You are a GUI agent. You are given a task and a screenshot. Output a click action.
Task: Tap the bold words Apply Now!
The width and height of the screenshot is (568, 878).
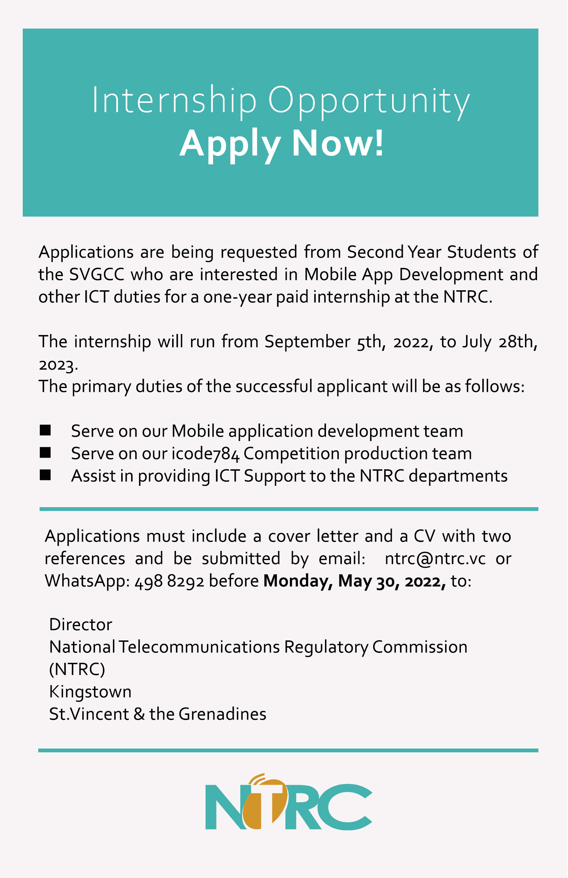(x=282, y=144)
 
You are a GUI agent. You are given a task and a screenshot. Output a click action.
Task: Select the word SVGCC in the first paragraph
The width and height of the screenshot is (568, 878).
(x=97, y=275)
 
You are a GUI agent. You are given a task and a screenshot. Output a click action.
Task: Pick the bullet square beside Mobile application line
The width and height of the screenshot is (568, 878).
(x=45, y=430)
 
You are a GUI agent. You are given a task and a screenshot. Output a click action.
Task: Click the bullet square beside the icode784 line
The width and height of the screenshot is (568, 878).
(x=45, y=453)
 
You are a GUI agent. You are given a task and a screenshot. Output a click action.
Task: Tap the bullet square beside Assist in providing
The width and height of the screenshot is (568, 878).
(x=45, y=475)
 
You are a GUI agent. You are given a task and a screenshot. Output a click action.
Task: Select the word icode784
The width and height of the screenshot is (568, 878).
(x=206, y=454)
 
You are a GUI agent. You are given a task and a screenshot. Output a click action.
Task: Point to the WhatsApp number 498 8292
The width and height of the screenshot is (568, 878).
(x=169, y=582)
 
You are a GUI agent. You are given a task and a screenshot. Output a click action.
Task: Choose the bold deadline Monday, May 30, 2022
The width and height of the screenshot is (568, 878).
(x=355, y=582)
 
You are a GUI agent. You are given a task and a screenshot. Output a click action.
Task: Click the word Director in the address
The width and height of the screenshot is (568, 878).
(x=81, y=625)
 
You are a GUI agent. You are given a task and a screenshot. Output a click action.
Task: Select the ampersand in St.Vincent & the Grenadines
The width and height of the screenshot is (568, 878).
(x=139, y=714)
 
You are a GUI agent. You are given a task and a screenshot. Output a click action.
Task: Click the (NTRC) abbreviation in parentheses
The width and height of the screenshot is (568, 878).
(x=77, y=670)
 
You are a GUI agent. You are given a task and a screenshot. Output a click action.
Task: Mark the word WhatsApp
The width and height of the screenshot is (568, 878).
(x=87, y=582)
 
